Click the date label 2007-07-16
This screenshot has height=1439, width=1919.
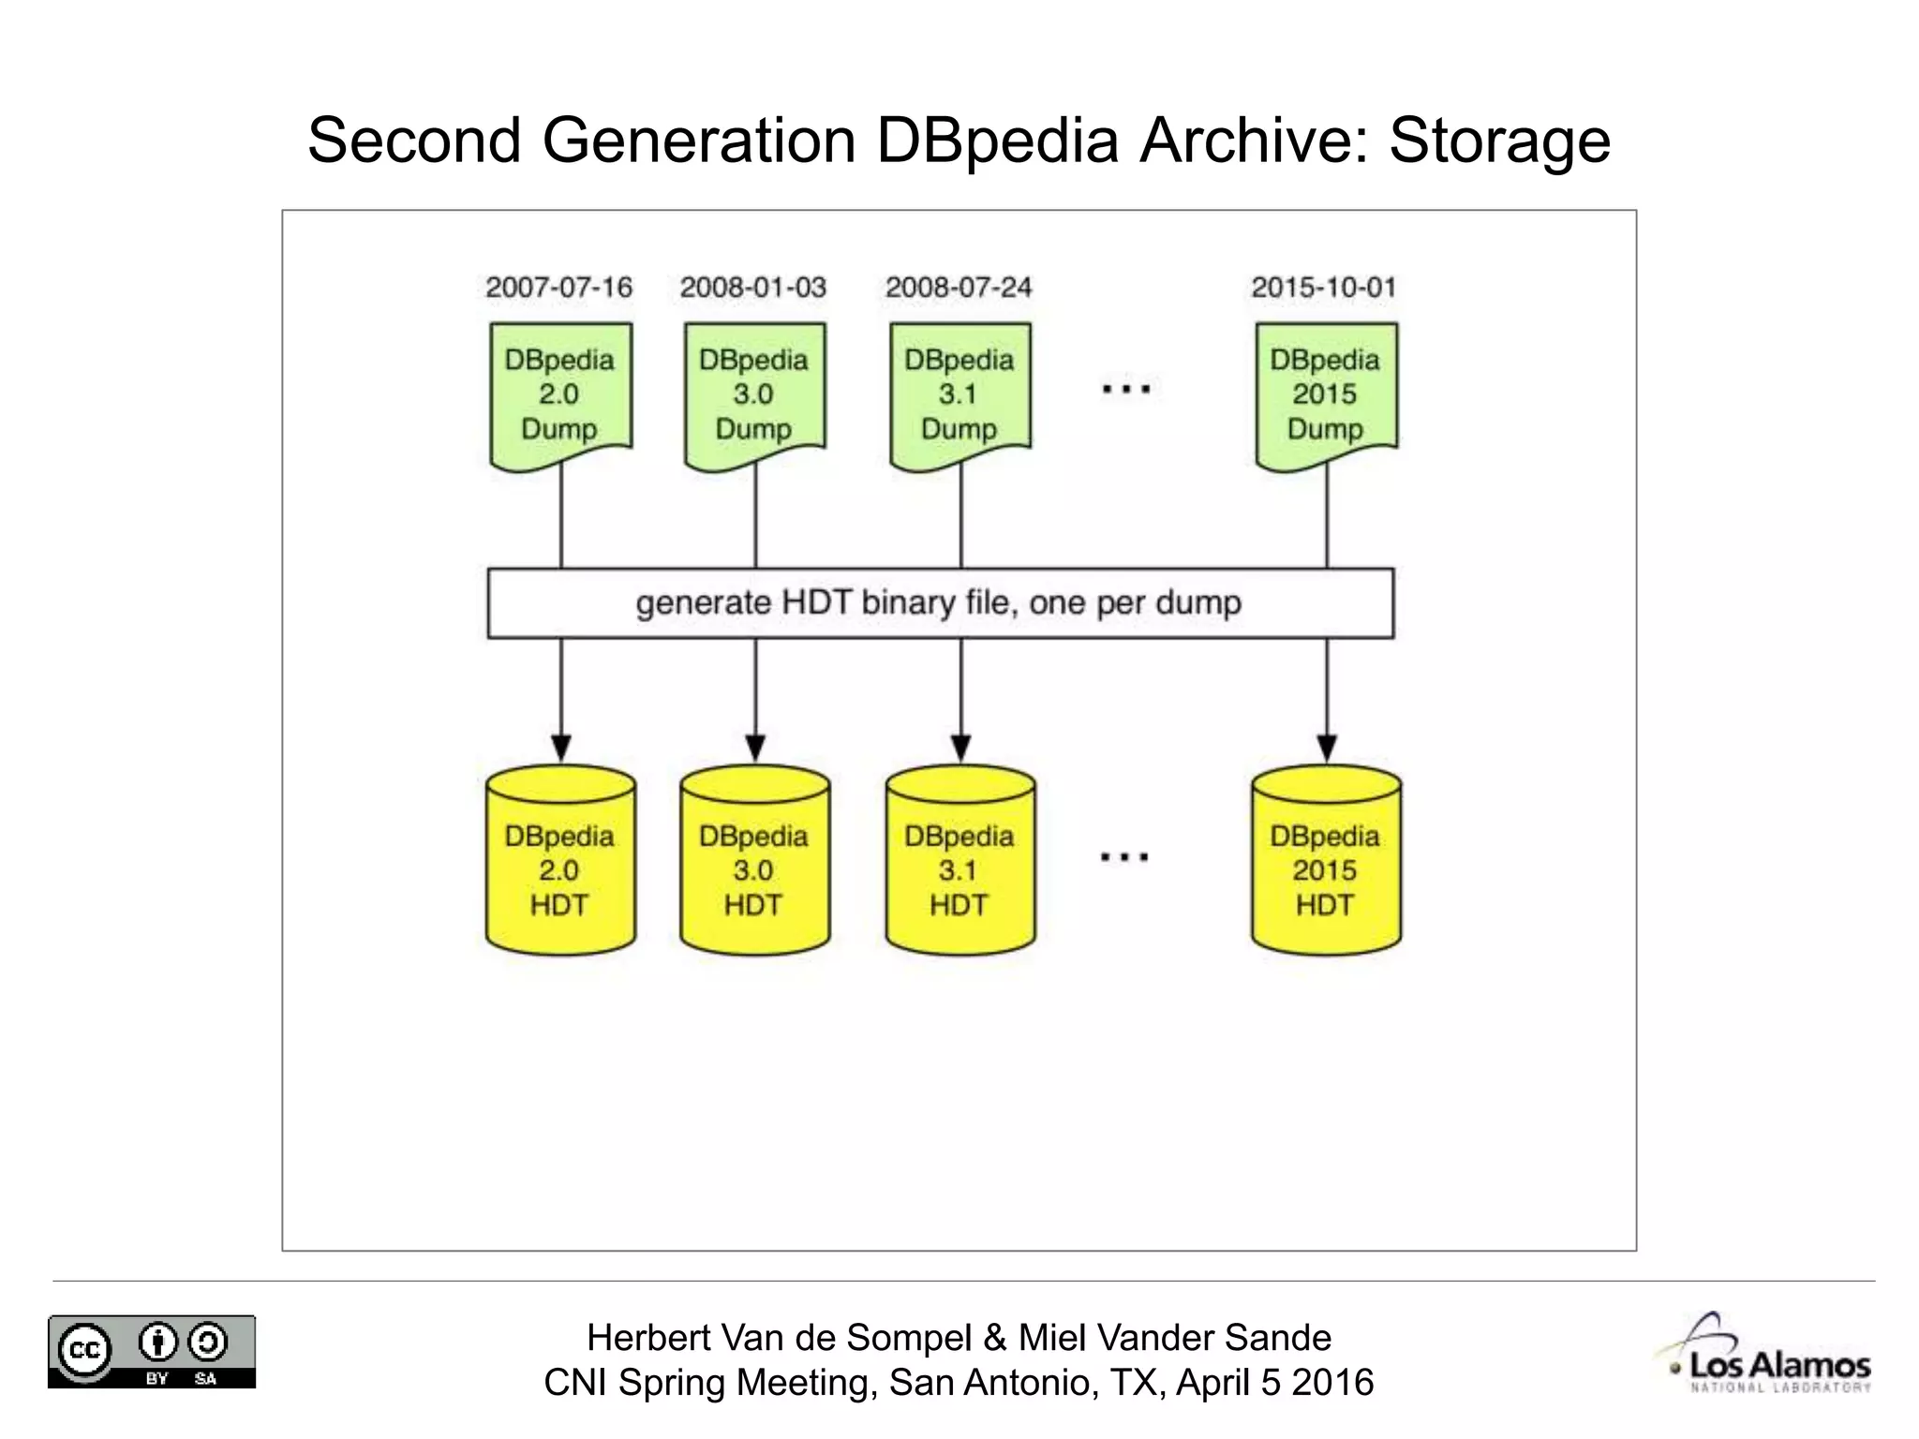point(558,287)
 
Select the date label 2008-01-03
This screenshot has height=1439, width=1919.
point(753,287)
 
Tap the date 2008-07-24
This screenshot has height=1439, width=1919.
point(959,287)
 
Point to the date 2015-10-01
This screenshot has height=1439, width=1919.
point(1324,287)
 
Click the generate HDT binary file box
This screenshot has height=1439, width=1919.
point(940,603)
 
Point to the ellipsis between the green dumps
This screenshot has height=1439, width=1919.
point(1125,388)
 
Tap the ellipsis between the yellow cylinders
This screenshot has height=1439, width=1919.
point(1124,856)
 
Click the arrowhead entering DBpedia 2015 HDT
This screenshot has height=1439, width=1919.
point(1326,749)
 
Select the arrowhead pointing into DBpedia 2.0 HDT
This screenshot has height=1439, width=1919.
point(560,749)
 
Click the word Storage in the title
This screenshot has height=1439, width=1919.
point(1499,141)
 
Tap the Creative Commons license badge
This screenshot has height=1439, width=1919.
point(152,1352)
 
